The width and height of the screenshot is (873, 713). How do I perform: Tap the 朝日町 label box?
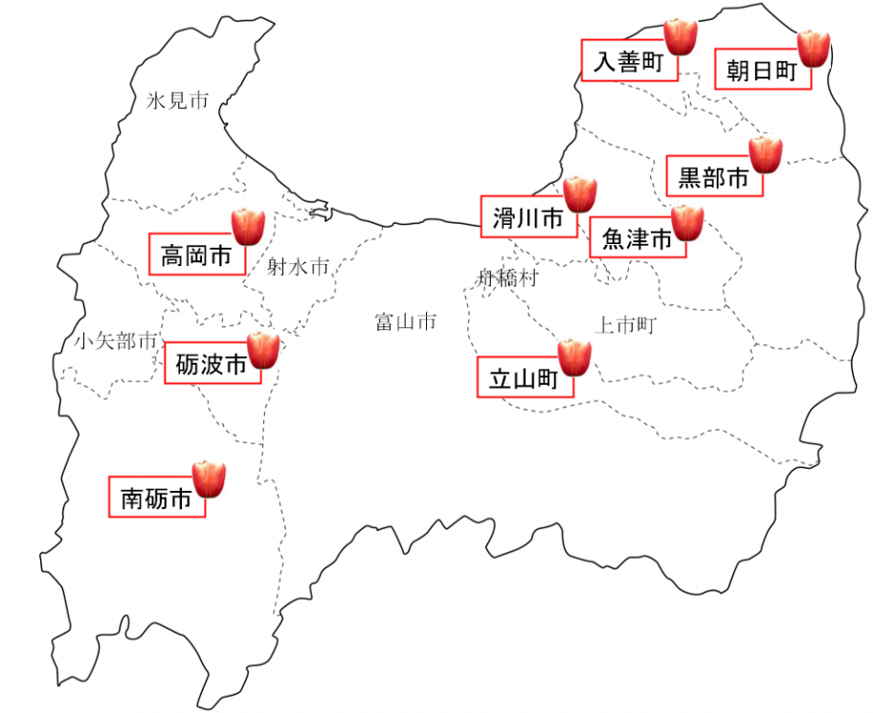(762, 71)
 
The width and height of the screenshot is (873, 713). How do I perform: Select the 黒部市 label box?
(713, 177)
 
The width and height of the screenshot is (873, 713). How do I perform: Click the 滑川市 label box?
(527, 218)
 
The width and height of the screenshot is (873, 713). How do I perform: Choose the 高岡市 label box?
(196, 256)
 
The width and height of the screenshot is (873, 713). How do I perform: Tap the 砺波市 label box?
(212, 365)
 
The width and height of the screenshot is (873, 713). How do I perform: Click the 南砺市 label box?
(156, 498)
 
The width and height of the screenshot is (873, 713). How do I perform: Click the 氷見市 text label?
(177, 101)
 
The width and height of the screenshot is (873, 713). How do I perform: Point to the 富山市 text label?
(405, 322)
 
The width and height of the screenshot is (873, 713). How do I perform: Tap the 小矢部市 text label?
(115, 341)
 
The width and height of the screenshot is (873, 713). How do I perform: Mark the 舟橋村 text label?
(507, 279)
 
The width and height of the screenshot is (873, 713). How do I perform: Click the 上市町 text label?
(624, 325)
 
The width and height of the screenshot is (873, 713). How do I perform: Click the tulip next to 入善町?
(681, 36)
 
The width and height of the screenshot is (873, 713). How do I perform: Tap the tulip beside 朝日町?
(814, 48)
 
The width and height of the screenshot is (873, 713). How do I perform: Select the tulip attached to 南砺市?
(209, 479)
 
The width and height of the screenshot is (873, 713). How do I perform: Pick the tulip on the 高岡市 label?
(249, 226)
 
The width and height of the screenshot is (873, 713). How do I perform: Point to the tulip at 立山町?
(574, 357)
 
